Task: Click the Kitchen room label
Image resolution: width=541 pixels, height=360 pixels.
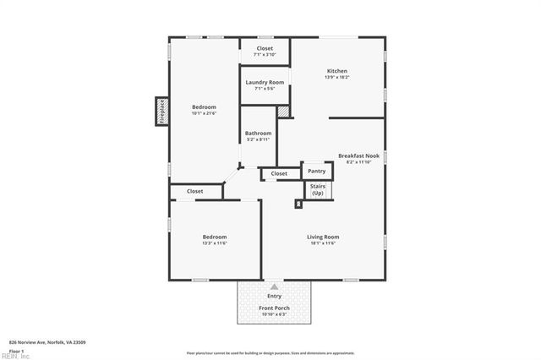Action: click(337, 71)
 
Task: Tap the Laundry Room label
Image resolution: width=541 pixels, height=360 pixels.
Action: click(265, 82)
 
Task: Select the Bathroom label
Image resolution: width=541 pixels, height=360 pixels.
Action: click(258, 134)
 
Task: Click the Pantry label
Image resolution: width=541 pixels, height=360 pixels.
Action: click(316, 170)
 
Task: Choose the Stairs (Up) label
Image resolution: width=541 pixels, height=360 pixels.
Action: click(317, 189)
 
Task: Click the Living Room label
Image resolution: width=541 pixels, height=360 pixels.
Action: click(322, 237)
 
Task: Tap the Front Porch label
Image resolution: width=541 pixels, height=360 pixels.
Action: click(274, 308)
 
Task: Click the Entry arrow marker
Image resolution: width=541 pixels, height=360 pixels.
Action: click(274, 287)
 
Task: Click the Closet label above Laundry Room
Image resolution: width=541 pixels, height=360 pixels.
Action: click(265, 48)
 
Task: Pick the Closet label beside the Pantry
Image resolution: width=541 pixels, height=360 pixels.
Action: click(279, 174)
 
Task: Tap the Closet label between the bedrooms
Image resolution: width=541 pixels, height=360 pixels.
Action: click(194, 192)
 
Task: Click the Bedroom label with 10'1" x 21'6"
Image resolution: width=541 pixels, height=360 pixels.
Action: click(204, 107)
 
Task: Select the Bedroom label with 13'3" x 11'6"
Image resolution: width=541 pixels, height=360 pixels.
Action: click(214, 237)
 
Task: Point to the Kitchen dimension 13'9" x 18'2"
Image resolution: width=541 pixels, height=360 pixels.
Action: click(337, 78)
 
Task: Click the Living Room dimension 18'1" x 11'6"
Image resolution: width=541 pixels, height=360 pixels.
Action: click(322, 243)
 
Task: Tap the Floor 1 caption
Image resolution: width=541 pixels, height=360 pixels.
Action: click(16, 350)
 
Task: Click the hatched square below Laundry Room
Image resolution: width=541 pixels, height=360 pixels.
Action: click(284, 111)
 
